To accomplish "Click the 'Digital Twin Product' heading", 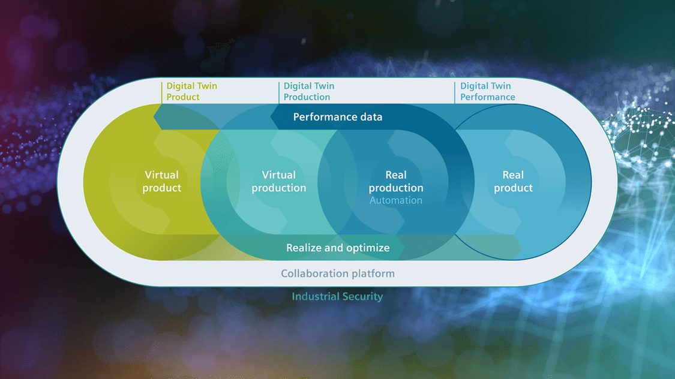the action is [x=191, y=91].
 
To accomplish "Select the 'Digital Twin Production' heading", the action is [x=308, y=91].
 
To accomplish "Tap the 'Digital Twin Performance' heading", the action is [x=487, y=91].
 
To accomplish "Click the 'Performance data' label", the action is [x=337, y=117].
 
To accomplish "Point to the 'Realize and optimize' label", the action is [x=338, y=248].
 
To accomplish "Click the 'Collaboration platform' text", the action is [x=337, y=273].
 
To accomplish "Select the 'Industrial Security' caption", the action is [x=337, y=296].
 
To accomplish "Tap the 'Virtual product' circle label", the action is [x=162, y=181].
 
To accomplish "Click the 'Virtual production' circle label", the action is [x=279, y=181].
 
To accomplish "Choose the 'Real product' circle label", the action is [x=513, y=181].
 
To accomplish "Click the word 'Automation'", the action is [x=395, y=200].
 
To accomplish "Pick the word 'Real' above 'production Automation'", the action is [x=395, y=175].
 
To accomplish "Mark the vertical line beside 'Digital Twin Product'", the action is [x=161, y=92].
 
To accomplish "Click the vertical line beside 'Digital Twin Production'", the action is [x=278, y=92].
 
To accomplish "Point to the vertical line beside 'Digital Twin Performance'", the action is [x=455, y=92].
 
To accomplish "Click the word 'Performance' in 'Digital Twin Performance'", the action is [x=487, y=97].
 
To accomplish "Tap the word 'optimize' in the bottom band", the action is [x=369, y=248].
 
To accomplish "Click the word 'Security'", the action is [x=362, y=297].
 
